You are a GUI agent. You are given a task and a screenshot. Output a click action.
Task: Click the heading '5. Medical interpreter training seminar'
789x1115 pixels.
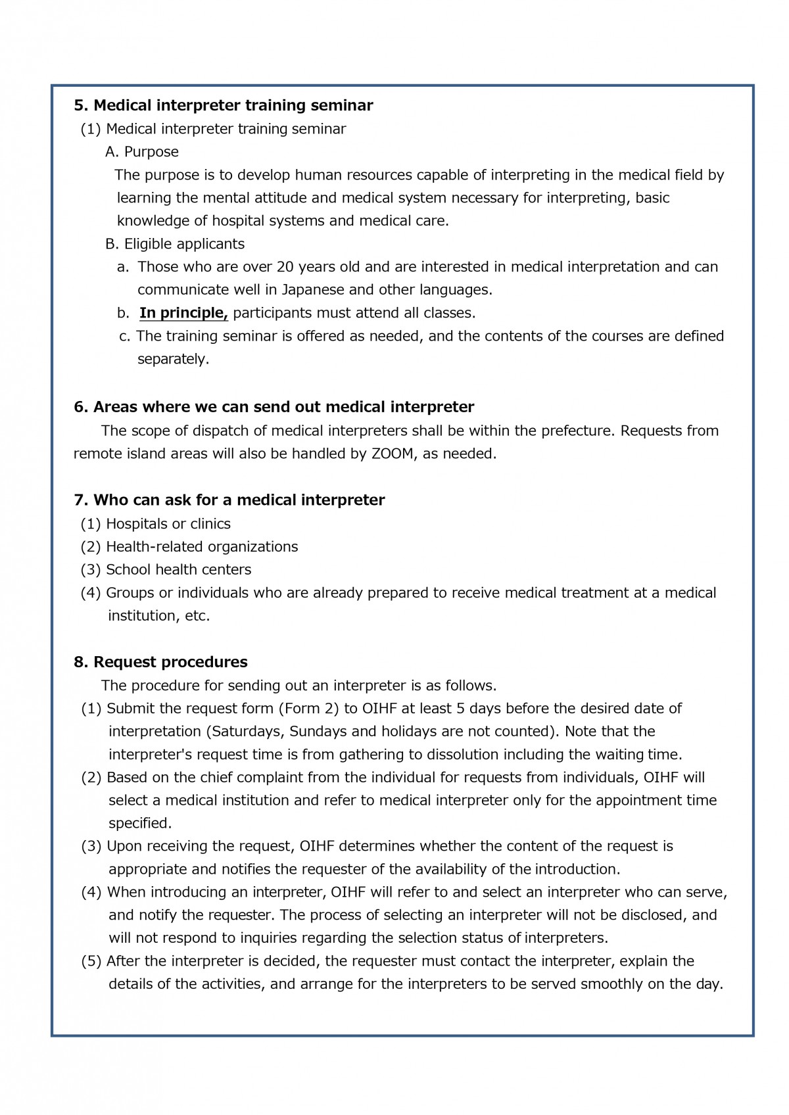pos(224,105)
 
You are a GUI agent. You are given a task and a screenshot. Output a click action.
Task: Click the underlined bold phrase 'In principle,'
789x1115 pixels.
pos(183,313)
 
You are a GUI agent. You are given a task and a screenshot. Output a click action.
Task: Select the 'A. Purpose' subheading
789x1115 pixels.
pos(142,152)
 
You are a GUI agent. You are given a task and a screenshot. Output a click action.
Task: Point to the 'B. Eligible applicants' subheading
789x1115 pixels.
pos(175,244)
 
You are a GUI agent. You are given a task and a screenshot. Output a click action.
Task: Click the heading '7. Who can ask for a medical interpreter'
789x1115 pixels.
pos(229,500)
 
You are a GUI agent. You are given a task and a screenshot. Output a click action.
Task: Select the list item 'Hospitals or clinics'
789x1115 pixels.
pos(168,524)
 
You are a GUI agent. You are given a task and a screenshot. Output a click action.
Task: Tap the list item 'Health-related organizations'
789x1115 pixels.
pos(201,547)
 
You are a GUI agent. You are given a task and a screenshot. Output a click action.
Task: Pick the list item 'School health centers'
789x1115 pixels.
pos(178,570)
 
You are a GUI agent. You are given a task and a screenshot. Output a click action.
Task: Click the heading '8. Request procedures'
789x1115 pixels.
pos(160,662)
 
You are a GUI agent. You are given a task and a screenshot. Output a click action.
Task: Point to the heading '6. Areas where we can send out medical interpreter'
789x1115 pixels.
pos(274,407)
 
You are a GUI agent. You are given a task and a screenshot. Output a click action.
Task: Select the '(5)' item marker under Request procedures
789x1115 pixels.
pos(91,961)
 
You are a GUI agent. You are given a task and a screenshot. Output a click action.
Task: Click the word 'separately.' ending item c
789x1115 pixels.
pos(173,360)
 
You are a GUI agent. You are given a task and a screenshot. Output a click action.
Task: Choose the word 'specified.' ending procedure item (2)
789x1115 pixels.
pos(140,823)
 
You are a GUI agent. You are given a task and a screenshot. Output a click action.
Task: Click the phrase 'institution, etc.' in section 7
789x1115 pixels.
pos(158,616)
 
